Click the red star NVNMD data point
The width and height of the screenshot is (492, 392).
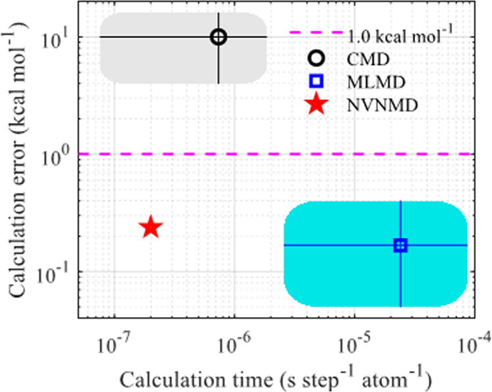click(x=151, y=227)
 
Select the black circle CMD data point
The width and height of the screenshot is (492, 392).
click(x=219, y=37)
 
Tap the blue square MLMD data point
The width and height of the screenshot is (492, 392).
click(x=400, y=245)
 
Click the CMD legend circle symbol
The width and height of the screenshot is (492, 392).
click(x=317, y=59)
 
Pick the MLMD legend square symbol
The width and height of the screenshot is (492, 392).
click(x=317, y=82)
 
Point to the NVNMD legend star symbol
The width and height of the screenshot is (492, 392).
click(x=317, y=104)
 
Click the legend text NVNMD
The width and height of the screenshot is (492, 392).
click(x=373, y=105)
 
